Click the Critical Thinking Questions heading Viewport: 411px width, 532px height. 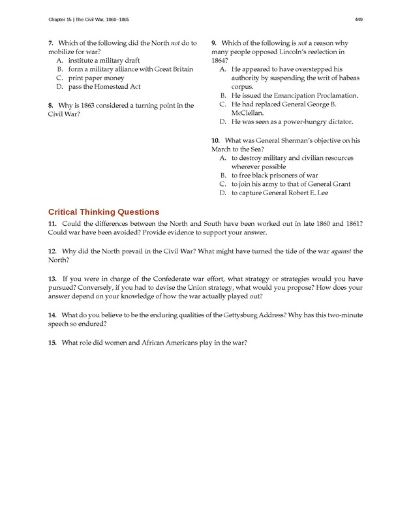[103, 211]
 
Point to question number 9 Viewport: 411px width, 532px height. [214, 43]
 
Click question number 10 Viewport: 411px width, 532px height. [216, 140]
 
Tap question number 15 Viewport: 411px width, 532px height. [52, 343]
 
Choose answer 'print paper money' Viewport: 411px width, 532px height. [96, 78]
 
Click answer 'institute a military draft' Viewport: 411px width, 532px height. [104, 60]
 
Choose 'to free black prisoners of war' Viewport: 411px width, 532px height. [275, 176]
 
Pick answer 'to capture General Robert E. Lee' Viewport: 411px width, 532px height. [281, 193]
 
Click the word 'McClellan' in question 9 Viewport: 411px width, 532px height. [247, 113]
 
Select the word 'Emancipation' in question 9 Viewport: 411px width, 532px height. [297, 95]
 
